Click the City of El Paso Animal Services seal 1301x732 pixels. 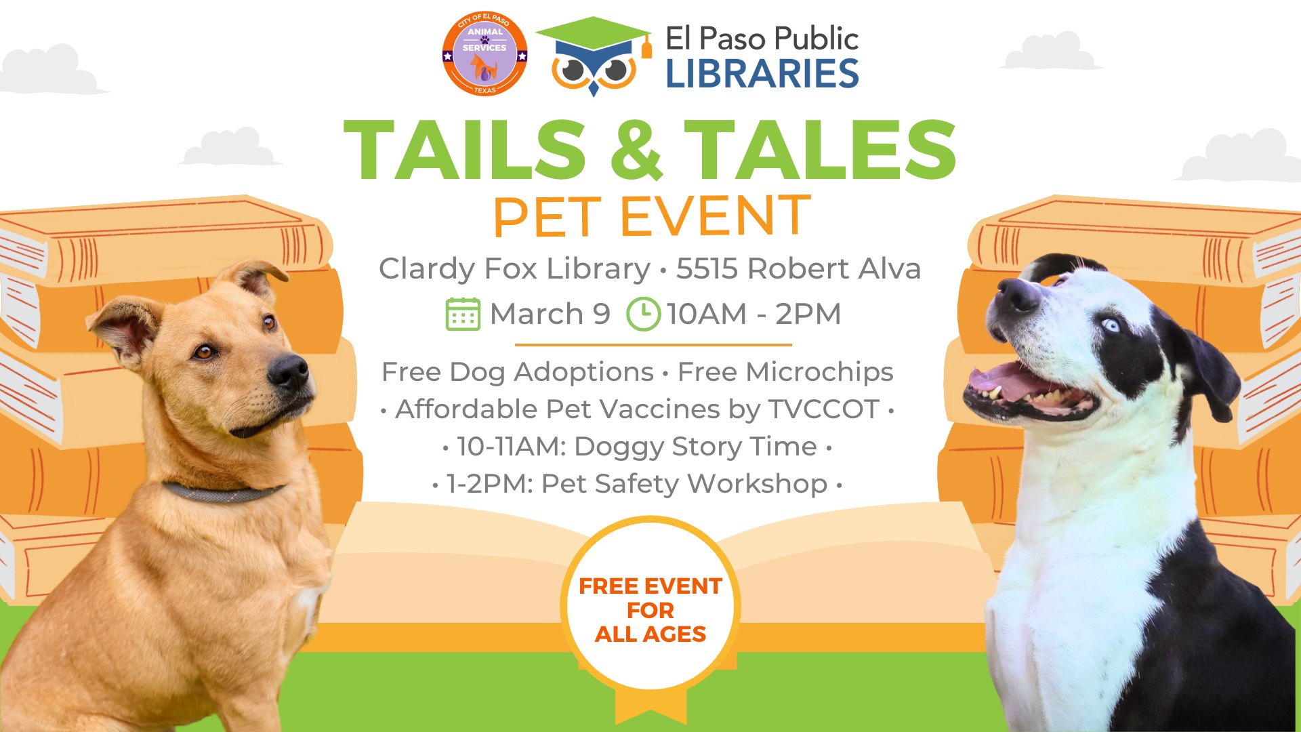pyautogui.click(x=484, y=54)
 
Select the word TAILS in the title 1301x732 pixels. pyautogui.click(x=465, y=150)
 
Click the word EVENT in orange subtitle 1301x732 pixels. pyautogui.click(x=716, y=217)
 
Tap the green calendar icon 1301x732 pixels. pyautogui.click(x=463, y=314)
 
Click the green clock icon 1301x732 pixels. pyautogui.click(x=643, y=314)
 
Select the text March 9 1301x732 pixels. pyautogui.click(x=550, y=314)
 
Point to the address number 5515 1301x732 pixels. pyautogui.click(x=707, y=269)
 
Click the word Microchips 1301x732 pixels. pyautogui.click(x=819, y=372)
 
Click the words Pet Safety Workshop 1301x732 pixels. pyautogui.click(x=684, y=484)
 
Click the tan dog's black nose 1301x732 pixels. pyautogui.click(x=288, y=371)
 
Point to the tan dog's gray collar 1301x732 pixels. pyautogui.click(x=224, y=492)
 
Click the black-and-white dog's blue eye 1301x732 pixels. pyautogui.click(x=1110, y=325)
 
